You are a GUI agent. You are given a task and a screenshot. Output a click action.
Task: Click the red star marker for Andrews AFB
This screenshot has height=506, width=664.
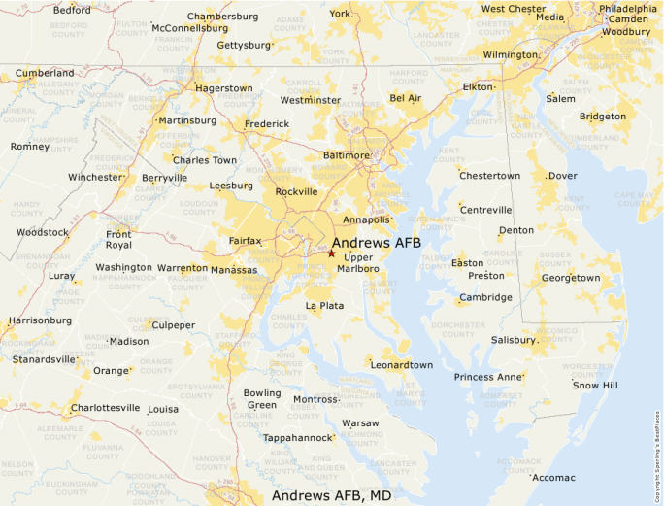pyautogui.click(x=331, y=253)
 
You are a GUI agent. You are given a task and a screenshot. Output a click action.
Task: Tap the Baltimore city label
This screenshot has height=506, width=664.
pyautogui.click(x=347, y=155)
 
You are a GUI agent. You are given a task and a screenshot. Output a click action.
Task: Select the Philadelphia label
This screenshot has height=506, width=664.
pyautogui.click(x=627, y=9)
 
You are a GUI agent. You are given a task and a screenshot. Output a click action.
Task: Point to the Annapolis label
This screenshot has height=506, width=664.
pyautogui.click(x=366, y=220)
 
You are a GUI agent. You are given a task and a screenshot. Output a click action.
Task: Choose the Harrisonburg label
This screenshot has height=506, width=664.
pyautogui.click(x=40, y=320)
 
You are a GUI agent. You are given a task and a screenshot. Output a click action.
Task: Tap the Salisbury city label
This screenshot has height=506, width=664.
pyautogui.click(x=513, y=341)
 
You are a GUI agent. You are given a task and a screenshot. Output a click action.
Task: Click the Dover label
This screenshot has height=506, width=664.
pyautogui.click(x=562, y=176)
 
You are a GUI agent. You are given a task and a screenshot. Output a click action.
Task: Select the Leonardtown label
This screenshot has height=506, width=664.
pyautogui.click(x=401, y=365)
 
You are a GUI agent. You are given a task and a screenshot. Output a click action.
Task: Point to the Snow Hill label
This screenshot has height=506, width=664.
pyautogui.click(x=594, y=386)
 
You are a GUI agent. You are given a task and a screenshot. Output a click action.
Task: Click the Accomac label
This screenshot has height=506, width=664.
pyautogui.click(x=554, y=478)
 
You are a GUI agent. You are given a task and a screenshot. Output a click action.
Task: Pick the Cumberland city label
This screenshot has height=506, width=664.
pyautogui.click(x=45, y=73)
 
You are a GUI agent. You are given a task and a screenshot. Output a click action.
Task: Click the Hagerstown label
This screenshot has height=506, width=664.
pyautogui.click(x=223, y=88)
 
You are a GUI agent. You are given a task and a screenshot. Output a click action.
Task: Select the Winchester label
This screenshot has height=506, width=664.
pyautogui.click(x=95, y=178)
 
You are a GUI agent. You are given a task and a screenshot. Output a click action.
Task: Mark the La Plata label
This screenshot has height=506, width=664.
pyautogui.click(x=324, y=306)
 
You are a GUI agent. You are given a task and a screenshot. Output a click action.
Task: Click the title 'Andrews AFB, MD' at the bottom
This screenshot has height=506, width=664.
pyautogui.click(x=331, y=495)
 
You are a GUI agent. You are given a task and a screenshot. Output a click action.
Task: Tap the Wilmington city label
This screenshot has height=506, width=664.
pyautogui.click(x=511, y=55)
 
